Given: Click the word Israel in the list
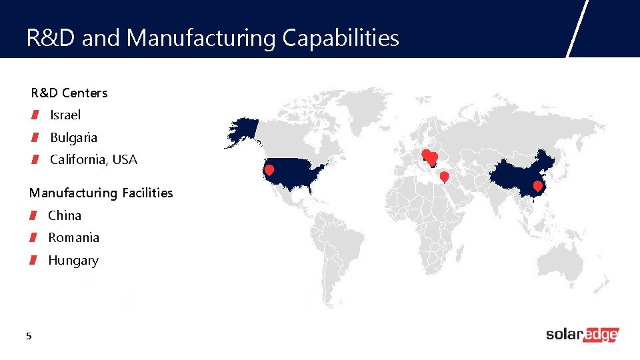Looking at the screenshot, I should click(x=65, y=115).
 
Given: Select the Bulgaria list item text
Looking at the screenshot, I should click(x=73, y=138).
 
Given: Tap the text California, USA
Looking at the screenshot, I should click(x=93, y=160).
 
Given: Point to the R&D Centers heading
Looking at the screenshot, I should click(x=69, y=93).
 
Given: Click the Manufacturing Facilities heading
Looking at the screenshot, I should click(x=101, y=193).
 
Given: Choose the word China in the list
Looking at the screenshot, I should click(x=65, y=216).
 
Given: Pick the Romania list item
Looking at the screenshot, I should click(x=73, y=238).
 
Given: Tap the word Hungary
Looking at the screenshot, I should click(x=73, y=261).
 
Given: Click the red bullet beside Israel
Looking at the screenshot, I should click(x=33, y=115).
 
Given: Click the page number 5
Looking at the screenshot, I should click(x=28, y=337).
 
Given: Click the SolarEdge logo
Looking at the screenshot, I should click(x=582, y=335).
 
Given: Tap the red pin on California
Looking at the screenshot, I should click(x=269, y=170).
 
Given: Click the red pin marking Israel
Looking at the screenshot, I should click(x=444, y=176).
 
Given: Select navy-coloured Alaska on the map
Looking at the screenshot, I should click(x=243, y=131).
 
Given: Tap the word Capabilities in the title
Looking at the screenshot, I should click(x=341, y=38).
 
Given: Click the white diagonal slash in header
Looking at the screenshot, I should click(x=577, y=29).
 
